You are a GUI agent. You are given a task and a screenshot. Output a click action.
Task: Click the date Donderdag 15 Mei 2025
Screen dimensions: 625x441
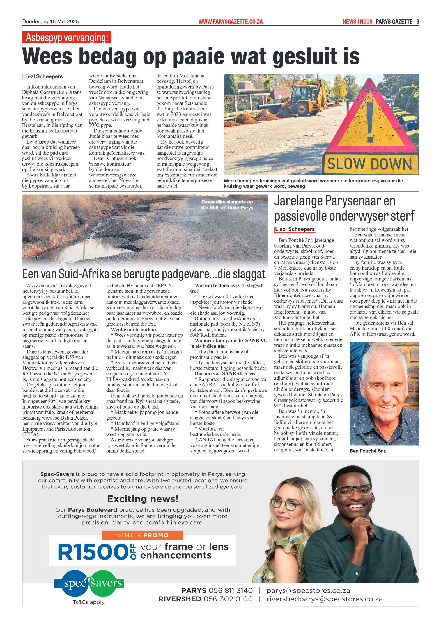click(x=50, y=22)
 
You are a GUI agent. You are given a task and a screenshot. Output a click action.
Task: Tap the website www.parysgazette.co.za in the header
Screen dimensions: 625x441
click(x=230, y=22)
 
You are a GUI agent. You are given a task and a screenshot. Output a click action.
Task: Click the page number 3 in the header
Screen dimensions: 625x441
click(x=418, y=22)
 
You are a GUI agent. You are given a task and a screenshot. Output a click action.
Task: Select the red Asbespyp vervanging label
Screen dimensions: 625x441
click(x=67, y=37)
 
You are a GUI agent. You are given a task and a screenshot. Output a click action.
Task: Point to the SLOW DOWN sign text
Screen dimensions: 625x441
click(x=369, y=164)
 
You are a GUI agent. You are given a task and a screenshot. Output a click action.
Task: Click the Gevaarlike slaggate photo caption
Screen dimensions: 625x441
click(x=227, y=205)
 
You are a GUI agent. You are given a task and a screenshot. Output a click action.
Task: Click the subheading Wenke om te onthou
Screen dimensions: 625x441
click(x=133, y=330)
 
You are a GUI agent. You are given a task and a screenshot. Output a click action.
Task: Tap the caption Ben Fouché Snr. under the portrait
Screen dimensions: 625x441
click(x=368, y=451)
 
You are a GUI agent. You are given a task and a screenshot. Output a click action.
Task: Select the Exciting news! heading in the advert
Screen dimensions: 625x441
click(x=143, y=499)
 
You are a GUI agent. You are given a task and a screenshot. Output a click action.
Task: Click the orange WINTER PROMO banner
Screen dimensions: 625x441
click(x=143, y=535)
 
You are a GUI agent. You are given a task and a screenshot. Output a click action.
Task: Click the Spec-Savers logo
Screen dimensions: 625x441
click(x=89, y=583)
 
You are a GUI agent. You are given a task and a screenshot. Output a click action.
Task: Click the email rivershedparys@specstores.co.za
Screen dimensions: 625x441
click(x=325, y=599)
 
